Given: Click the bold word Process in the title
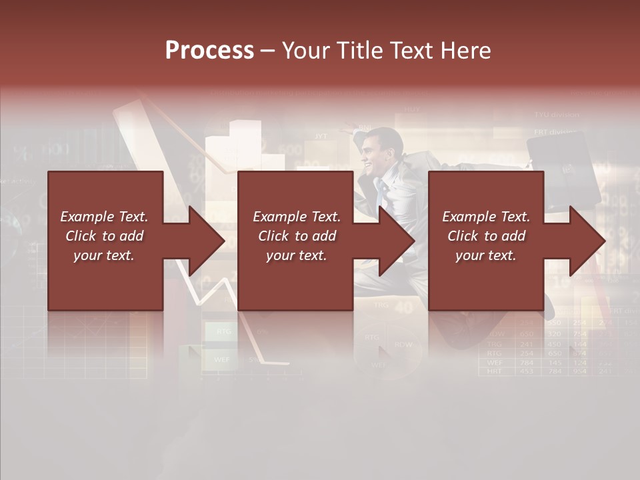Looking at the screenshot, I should pos(209,51).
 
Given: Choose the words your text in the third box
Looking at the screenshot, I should pos(485,255).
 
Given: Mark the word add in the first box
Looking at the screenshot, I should pos(131,236).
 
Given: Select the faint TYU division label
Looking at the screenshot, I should pos(557,115).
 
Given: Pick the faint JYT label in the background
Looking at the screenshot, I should pos(321,136).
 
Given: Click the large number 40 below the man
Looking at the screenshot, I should pos(404,307).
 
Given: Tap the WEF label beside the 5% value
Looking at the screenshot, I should pos(221,359).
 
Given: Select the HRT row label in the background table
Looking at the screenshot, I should pos(494,371).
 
